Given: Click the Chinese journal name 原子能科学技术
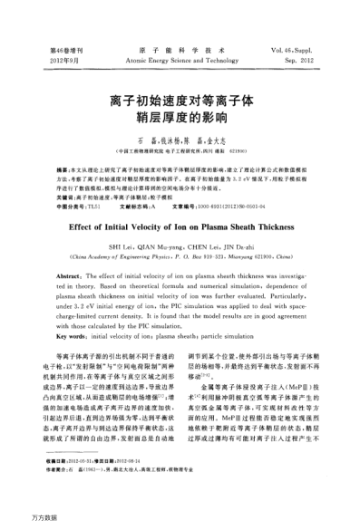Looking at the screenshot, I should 179,50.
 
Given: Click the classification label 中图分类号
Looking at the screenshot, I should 73,206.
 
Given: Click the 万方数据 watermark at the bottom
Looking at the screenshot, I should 20,523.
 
